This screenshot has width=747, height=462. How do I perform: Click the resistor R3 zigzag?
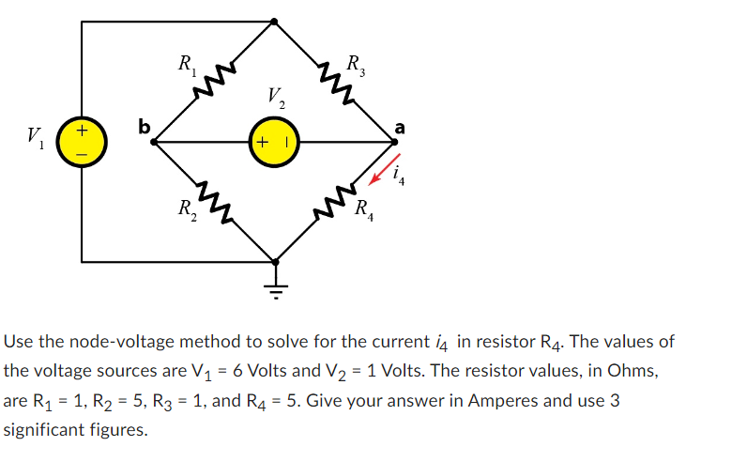(333, 82)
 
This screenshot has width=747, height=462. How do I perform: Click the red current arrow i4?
(385, 167)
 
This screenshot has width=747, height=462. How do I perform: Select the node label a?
(401, 125)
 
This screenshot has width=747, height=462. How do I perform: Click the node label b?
(144, 124)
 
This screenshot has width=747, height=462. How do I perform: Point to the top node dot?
(274, 21)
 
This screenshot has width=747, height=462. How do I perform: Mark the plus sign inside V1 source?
(82, 129)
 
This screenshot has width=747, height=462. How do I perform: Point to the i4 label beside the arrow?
(403, 175)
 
